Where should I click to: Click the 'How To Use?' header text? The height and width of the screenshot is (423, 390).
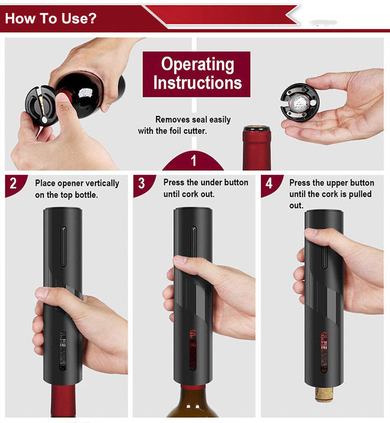51,18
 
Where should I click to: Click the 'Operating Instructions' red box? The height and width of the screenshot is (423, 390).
196,74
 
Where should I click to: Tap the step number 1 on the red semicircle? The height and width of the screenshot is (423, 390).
193,161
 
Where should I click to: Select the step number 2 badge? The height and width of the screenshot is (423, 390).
13,184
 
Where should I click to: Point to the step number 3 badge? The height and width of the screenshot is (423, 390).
142,184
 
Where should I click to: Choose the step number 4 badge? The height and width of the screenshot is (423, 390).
269,184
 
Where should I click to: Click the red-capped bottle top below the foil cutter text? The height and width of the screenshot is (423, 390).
257,148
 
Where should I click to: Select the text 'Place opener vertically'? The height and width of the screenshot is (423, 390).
77,183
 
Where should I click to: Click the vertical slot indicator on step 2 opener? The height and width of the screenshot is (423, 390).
62,242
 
